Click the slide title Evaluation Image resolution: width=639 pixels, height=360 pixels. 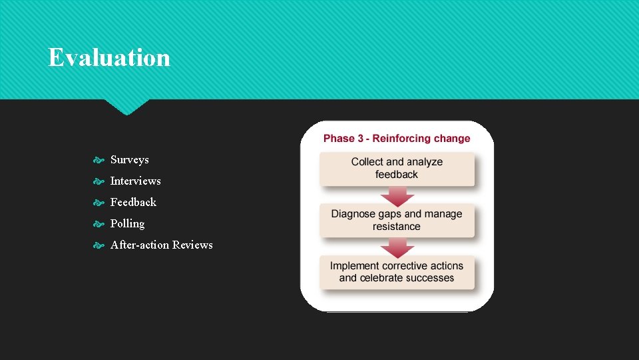[109, 58]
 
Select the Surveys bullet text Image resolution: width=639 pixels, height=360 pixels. [130, 160]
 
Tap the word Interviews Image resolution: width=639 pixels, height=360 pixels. [136, 181]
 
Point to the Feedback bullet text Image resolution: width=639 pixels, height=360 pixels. [133, 203]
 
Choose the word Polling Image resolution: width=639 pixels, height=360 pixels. [127, 224]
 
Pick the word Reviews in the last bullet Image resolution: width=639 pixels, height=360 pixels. [193, 245]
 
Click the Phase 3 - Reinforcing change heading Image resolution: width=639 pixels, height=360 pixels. [397, 139]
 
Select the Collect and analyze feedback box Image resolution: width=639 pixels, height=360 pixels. [397, 169]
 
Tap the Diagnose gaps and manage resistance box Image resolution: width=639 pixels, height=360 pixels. [397, 221]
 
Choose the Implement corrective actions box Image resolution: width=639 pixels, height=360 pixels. [397, 272]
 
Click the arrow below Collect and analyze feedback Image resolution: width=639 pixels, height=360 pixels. [397, 195]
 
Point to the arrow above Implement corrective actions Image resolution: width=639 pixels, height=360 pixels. [397, 247]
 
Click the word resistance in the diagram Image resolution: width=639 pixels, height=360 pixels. [397, 227]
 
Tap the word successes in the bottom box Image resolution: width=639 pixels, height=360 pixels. [425, 278]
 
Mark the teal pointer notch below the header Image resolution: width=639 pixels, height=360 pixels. [126, 107]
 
